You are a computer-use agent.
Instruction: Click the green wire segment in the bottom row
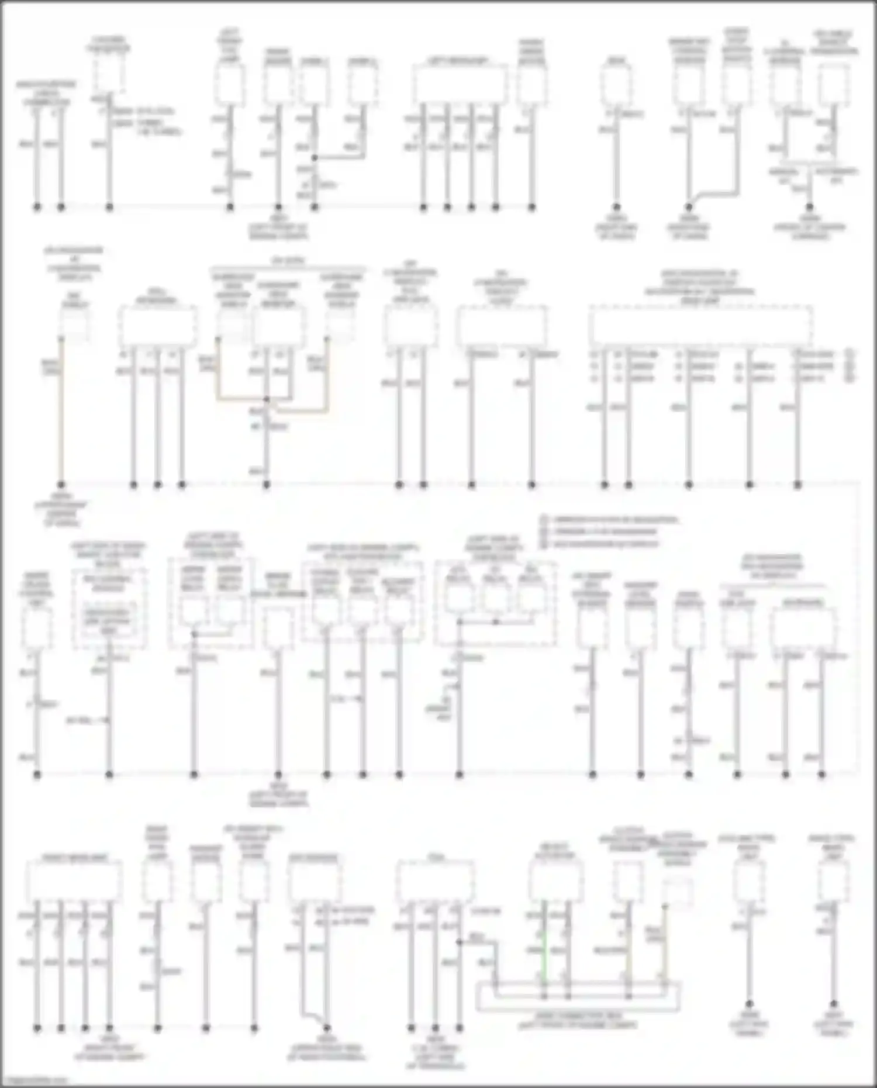coord(544,947)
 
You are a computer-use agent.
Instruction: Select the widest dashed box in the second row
coord(700,325)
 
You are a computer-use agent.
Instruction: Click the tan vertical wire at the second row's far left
coord(61,409)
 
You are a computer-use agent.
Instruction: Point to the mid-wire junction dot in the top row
coord(314,158)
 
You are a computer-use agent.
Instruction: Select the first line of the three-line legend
coord(608,519)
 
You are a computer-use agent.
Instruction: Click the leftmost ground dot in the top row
coord(37,207)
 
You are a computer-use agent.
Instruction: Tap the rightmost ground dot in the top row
coord(809,207)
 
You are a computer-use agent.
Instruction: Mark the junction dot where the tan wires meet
coord(267,400)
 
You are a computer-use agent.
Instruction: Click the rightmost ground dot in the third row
coord(821,775)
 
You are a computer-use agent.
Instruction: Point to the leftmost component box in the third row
coord(37,627)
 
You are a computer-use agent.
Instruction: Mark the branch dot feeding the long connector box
coord(460,942)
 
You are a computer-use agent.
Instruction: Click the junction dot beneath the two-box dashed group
coord(194,634)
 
